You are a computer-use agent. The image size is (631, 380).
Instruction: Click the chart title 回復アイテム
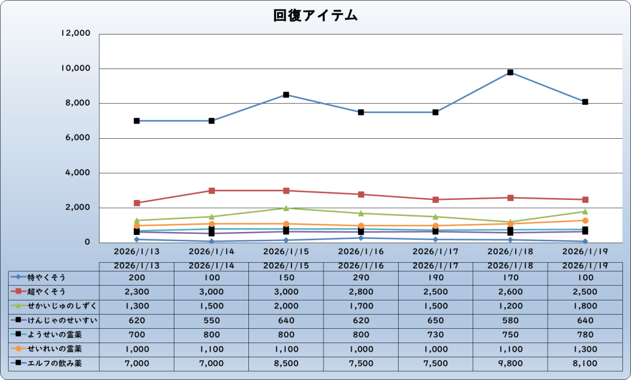tap(315, 16)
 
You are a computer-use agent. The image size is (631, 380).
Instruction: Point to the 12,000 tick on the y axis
tap(76, 33)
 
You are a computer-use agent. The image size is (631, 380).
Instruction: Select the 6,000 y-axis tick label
tap(78, 138)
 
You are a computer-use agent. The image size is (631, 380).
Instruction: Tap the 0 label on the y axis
tap(88, 242)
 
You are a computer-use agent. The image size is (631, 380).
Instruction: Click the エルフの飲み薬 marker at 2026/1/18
tap(510, 72)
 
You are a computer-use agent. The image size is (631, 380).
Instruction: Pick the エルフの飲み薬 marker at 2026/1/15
tap(286, 95)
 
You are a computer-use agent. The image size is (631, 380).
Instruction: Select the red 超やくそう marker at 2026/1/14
tap(211, 191)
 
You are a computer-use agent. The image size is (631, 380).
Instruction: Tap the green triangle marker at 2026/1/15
tap(286, 208)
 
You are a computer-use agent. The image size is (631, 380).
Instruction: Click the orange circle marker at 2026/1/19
tap(585, 220)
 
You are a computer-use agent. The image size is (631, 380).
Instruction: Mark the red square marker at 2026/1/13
tap(137, 203)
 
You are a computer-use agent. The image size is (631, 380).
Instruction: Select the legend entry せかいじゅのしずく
tap(58, 305)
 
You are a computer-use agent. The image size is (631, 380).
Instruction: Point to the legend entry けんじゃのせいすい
tap(58, 320)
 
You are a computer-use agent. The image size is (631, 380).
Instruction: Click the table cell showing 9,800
tap(510, 363)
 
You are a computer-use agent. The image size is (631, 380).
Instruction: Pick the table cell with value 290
tap(360, 277)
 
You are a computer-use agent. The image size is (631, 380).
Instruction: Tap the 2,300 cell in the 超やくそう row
tap(137, 291)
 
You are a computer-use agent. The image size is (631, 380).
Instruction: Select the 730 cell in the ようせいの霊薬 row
tap(436, 334)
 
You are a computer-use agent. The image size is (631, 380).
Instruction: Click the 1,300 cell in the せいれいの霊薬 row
tap(585, 349)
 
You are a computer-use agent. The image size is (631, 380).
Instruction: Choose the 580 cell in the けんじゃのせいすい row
tap(510, 320)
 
